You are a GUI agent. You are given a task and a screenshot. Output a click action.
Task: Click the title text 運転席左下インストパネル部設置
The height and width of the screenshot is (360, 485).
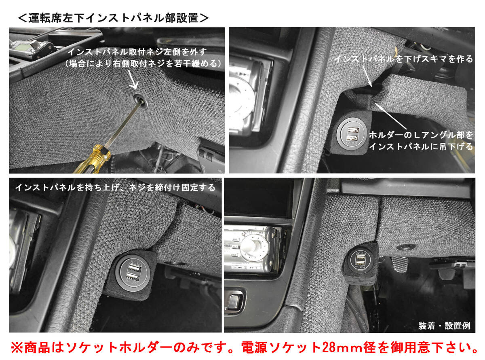(x=113, y=18)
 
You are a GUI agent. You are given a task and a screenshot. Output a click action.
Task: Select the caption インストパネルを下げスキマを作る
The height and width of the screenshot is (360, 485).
(x=404, y=59)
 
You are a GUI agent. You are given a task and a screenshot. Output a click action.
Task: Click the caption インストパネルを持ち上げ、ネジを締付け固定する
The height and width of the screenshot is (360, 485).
(x=116, y=188)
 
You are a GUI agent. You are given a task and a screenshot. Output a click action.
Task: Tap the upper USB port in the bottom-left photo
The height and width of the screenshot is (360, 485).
(x=134, y=268)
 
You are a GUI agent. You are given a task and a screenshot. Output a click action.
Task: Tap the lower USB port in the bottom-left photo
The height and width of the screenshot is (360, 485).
(x=133, y=277)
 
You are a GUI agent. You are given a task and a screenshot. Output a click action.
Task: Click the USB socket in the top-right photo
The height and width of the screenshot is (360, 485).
(x=351, y=134)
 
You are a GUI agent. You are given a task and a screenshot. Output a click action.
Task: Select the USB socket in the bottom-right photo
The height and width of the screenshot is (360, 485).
(x=360, y=261)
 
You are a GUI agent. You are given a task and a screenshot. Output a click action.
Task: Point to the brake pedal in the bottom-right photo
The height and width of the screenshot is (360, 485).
(x=400, y=265)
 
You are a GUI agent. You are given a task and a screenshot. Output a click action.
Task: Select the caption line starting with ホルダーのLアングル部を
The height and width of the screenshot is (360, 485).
(x=421, y=135)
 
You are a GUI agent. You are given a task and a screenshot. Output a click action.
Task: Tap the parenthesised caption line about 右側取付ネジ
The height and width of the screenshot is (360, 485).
(x=143, y=64)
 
